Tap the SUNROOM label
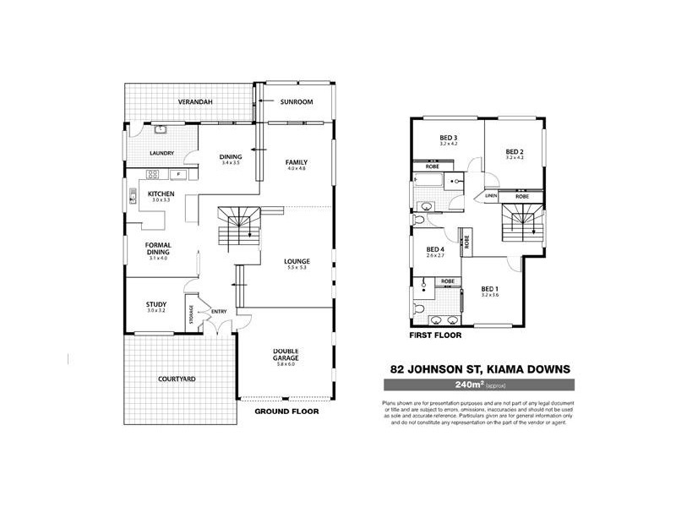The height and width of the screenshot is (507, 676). [x=297, y=102]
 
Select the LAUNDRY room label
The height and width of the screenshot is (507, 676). [x=161, y=153]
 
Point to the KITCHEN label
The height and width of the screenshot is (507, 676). [x=161, y=194]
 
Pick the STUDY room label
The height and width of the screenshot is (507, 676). [x=155, y=304]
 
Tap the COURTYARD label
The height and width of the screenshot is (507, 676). [x=177, y=379]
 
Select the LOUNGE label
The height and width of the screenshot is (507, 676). [x=297, y=261]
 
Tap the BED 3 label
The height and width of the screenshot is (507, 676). [x=448, y=138]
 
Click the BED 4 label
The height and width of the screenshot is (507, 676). [x=435, y=249]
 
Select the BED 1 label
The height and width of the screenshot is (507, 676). [x=490, y=288]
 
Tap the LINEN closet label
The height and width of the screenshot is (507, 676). [x=492, y=196]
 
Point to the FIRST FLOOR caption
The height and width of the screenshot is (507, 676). [x=435, y=335]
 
